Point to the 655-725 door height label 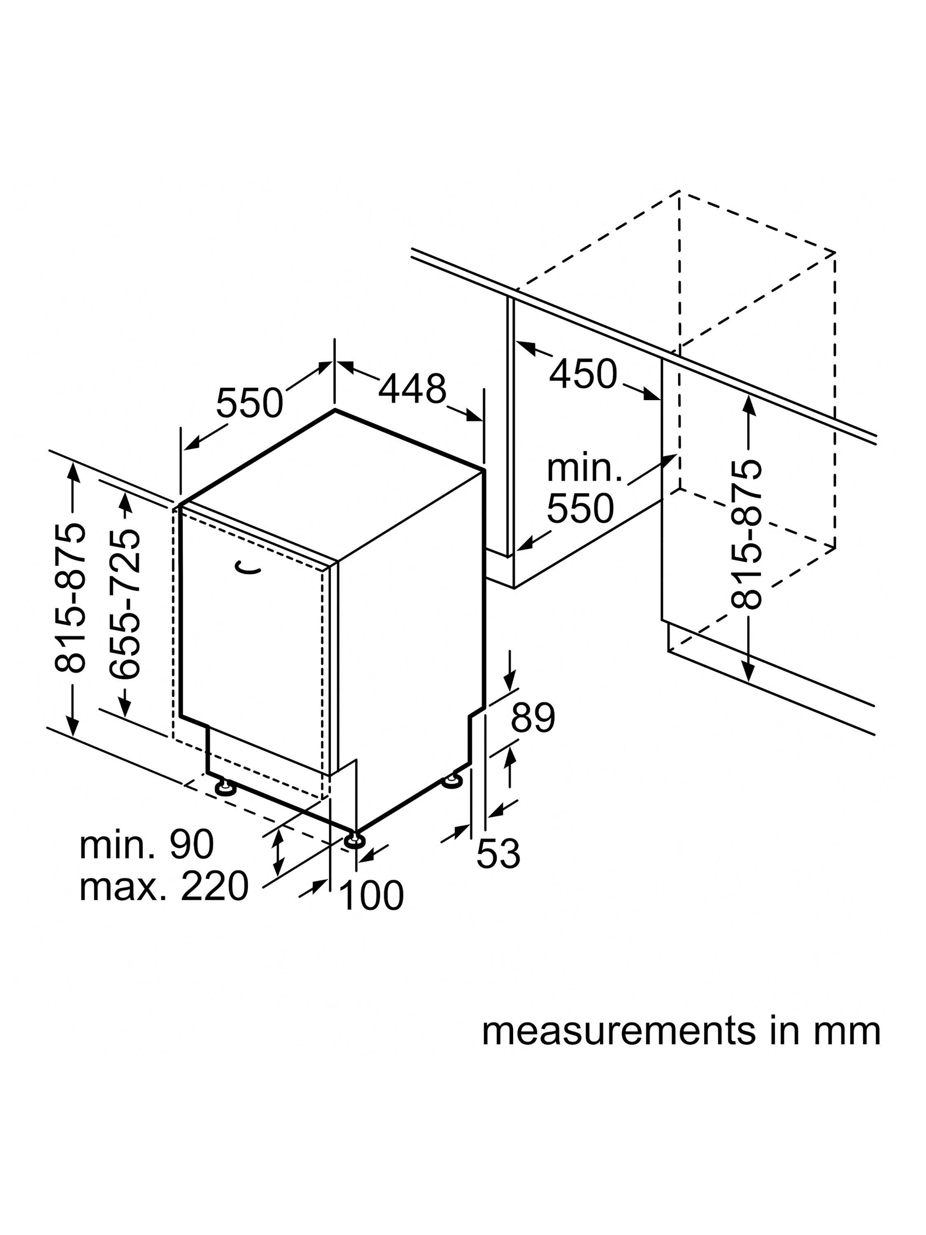(x=124, y=604)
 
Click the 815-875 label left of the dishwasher (x=71, y=597)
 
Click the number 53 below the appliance (x=498, y=854)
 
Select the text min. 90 (x=146, y=844)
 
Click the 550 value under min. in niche (x=580, y=508)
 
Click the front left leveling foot (x=226, y=788)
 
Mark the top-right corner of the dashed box (x=835, y=252)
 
